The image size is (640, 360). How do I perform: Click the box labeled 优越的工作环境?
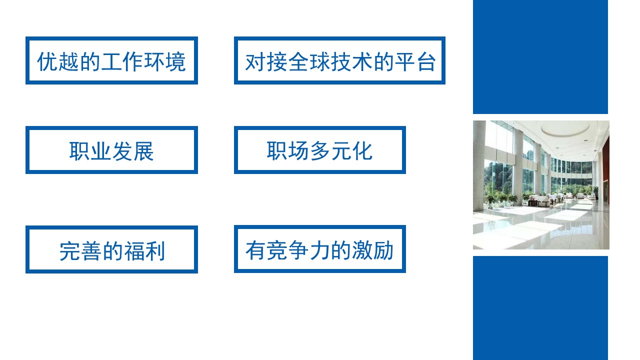[111, 60]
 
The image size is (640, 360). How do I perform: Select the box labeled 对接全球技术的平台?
[339, 60]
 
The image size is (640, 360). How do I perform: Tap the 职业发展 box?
[111, 150]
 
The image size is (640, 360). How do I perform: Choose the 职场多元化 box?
[319, 150]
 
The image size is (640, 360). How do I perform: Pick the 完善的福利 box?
[111, 249]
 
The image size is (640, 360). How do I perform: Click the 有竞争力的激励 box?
[319, 249]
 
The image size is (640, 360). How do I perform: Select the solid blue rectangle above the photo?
[540, 56]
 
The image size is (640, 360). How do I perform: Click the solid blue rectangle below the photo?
[540, 307]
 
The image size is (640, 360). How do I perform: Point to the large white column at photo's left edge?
[479, 165]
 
